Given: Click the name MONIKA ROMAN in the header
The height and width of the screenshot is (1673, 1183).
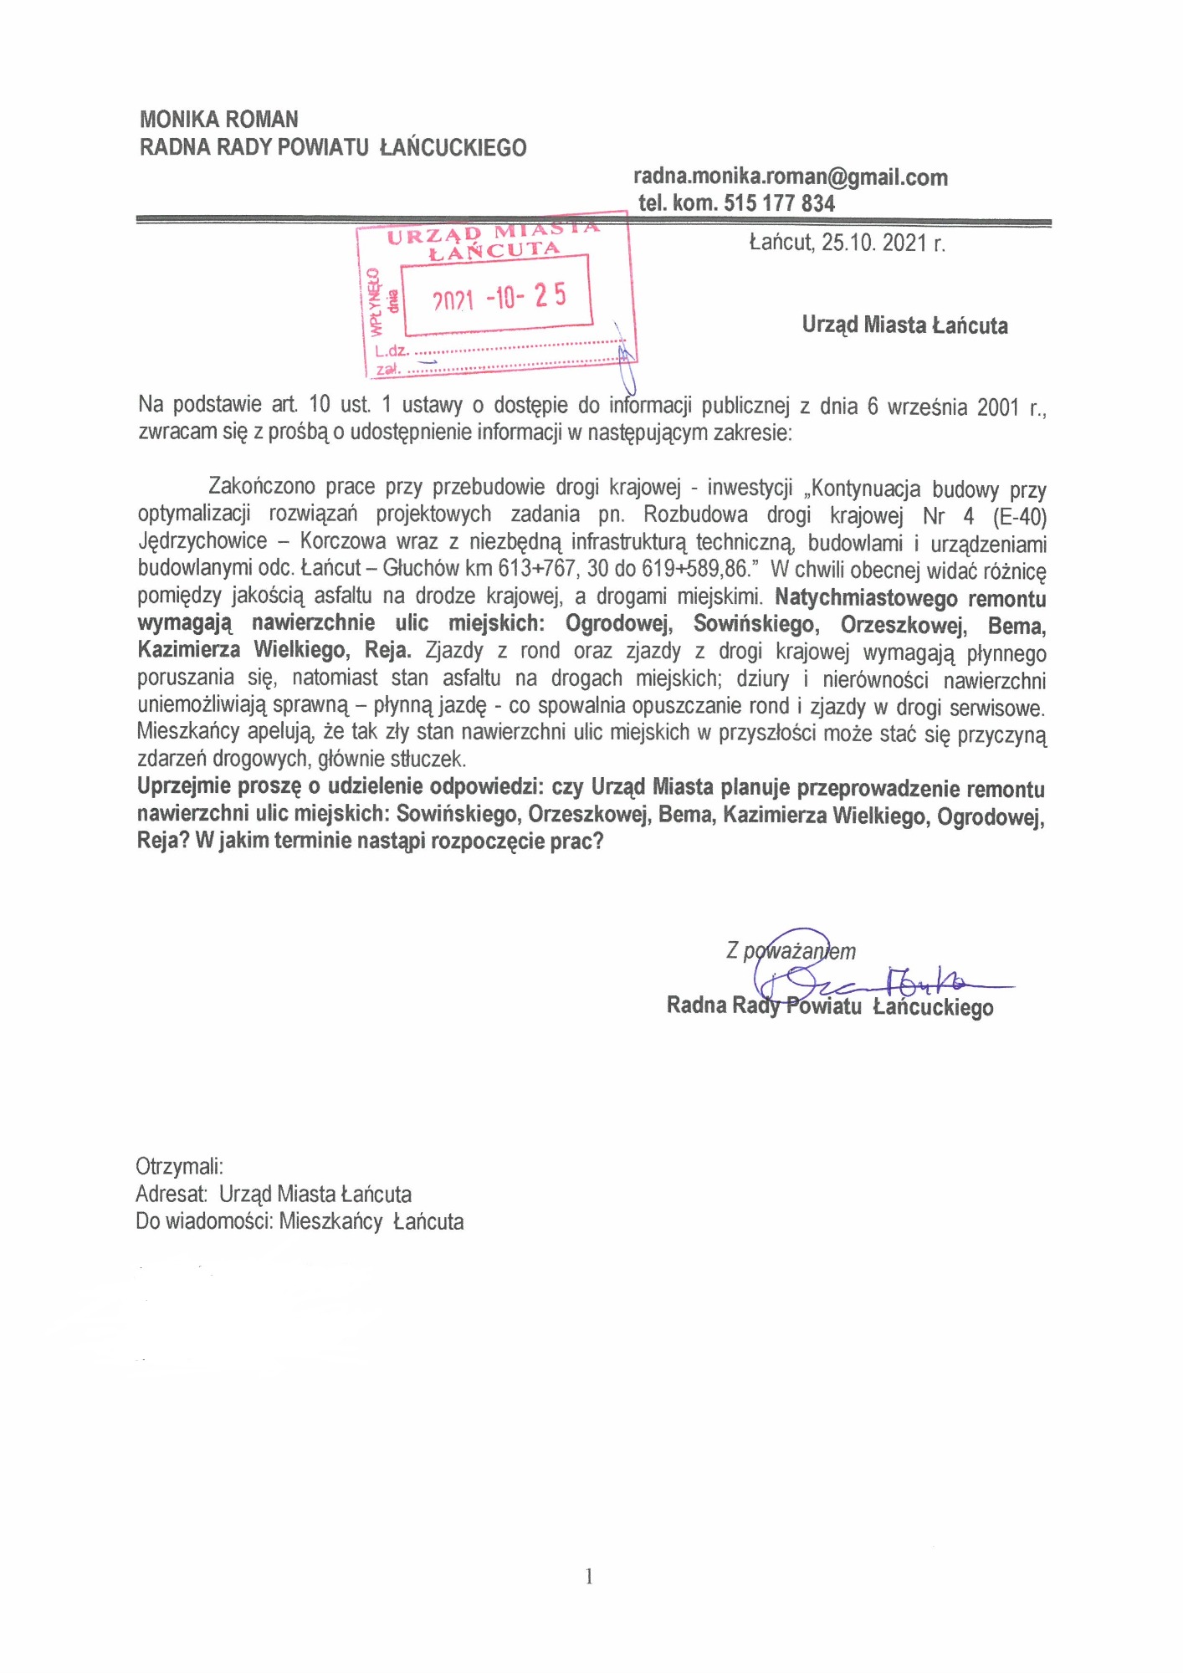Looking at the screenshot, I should click(219, 120).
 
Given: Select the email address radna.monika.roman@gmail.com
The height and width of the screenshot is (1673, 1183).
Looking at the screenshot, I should click(790, 177).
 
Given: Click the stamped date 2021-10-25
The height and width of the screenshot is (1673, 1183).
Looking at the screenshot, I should click(499, 297).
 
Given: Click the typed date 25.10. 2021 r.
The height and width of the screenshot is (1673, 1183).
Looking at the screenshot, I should click(847, 243).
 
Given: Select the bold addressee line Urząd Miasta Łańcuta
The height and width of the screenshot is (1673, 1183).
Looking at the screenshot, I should click(904, 325).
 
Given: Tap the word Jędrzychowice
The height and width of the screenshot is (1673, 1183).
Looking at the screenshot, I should click(202, 542).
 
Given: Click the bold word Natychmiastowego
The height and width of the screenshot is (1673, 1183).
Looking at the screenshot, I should click(866, 599).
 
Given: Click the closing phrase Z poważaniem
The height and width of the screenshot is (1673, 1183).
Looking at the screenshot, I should click(791, 951).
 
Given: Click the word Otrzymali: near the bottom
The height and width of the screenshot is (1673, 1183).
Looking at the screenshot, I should click(179, 1167).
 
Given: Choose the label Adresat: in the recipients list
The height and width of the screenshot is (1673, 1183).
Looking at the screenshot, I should click(172, 1195).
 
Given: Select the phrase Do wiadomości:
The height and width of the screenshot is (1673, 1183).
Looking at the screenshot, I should click(205, 1222).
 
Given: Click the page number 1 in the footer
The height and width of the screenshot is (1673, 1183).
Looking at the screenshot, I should click(589, 1577).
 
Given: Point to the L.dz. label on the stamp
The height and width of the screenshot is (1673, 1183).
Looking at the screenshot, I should click(392, 352).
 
